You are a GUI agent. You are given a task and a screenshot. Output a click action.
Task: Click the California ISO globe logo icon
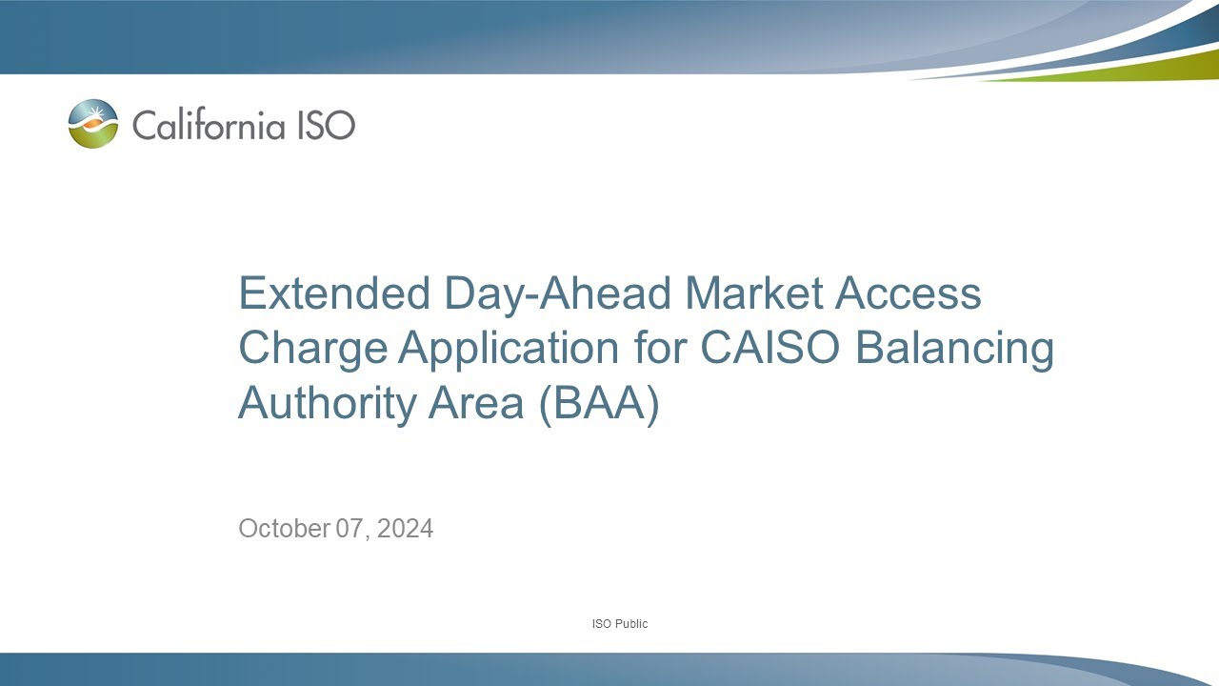click(93, 124)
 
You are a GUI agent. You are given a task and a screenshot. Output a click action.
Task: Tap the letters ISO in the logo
click(327, 125)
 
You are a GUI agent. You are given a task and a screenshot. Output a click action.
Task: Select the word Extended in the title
click(334, 293)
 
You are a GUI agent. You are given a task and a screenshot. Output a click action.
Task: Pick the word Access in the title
click(909, 293)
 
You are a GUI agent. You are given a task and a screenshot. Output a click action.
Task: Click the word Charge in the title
click(311, 348)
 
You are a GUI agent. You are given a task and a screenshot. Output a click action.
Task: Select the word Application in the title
click(509, 350)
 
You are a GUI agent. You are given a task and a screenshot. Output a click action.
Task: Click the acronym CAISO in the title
click(771, 348)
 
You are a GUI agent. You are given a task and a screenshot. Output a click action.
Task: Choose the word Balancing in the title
click(954, 350)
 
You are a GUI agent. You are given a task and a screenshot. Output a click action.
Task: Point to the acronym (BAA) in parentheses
click(599, 403)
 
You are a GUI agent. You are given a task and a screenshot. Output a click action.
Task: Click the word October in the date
click(284, 528)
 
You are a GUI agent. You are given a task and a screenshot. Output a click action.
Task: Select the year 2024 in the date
click(405, 528)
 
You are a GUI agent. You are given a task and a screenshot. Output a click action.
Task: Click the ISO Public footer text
click(619, 624)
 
